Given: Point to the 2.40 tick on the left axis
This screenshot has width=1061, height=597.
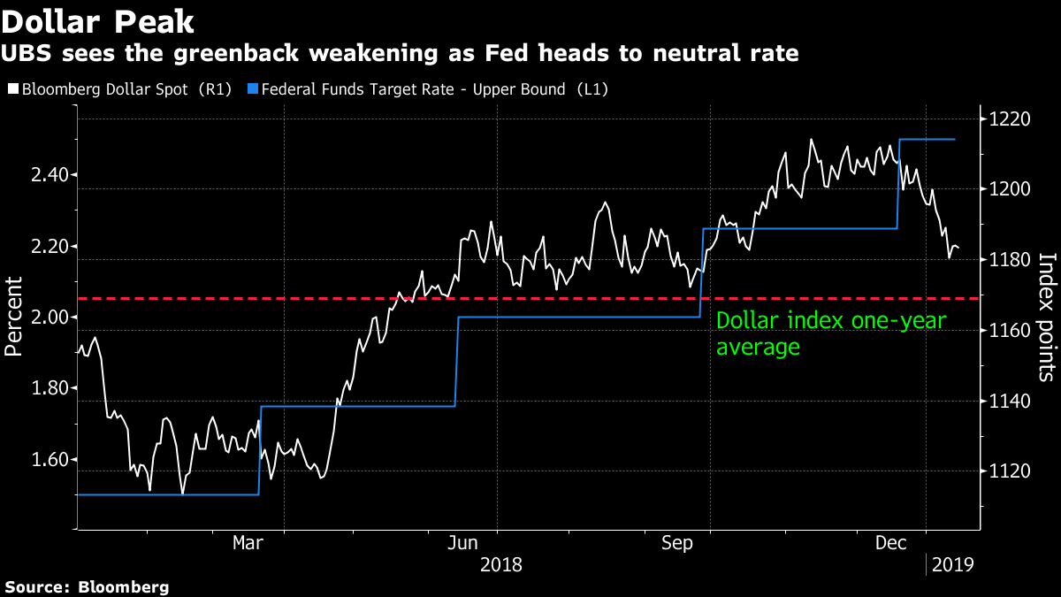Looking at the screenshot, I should click(x=50, y=175).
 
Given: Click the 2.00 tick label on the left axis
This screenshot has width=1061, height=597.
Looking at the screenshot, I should click(x=50, y=317).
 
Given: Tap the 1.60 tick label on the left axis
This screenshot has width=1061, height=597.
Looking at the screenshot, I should click(x=50, y=460).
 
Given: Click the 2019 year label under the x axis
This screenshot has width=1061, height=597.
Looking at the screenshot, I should click(x=951, y=563).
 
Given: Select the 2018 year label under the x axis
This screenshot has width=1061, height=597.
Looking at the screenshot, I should click(x=500, y=563).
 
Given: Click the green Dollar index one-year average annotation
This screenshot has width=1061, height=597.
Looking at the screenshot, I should click(x=830, y=334).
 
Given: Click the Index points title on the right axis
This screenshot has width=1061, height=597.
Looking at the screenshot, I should click(x=1047, y=317).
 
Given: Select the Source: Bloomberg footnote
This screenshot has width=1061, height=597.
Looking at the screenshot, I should click(x=86, y=586).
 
